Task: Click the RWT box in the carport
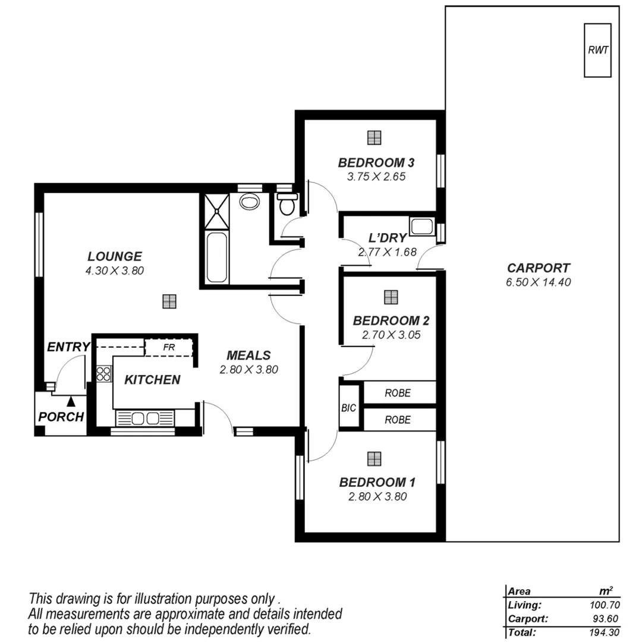click(x=598, y=50)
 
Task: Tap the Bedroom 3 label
click(x=376, y=162)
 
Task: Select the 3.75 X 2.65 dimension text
click(x=376, y=177)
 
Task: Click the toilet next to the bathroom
click(x=287, y=204)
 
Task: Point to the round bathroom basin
click(x=249, y=202)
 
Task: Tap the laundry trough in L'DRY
click(x=422, y=227)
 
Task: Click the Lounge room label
click(x=115, y=257)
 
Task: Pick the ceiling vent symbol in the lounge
click(x=169, y=301)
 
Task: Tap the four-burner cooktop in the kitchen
click(x=103, y=373)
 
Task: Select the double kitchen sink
click(x=146, y=418)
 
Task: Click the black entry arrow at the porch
click(x=71, y=402)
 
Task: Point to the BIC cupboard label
click(x=348, y=408)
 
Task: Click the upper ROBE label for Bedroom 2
click(x=398, y=393)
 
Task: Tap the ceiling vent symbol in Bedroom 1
click(x=374, y=458)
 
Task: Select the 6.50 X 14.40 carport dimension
click(x=538, y=283)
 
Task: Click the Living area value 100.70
click(x=600, y=605)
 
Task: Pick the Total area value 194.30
click(x=600, y=632)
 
